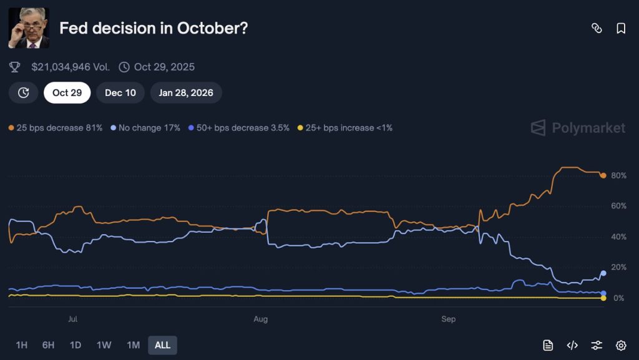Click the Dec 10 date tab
120,92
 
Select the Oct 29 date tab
67,92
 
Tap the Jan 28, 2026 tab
186,92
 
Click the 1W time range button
104,345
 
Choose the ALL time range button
162,345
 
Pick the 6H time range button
48,345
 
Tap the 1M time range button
133,345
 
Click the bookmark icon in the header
621,28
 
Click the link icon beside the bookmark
597,28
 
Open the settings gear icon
621,345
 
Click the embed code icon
572,345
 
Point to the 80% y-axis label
618,176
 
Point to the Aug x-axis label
261,319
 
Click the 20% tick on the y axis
618,268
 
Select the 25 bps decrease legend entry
56,128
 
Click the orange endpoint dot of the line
603,175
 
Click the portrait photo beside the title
29,28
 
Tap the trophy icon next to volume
15,67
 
